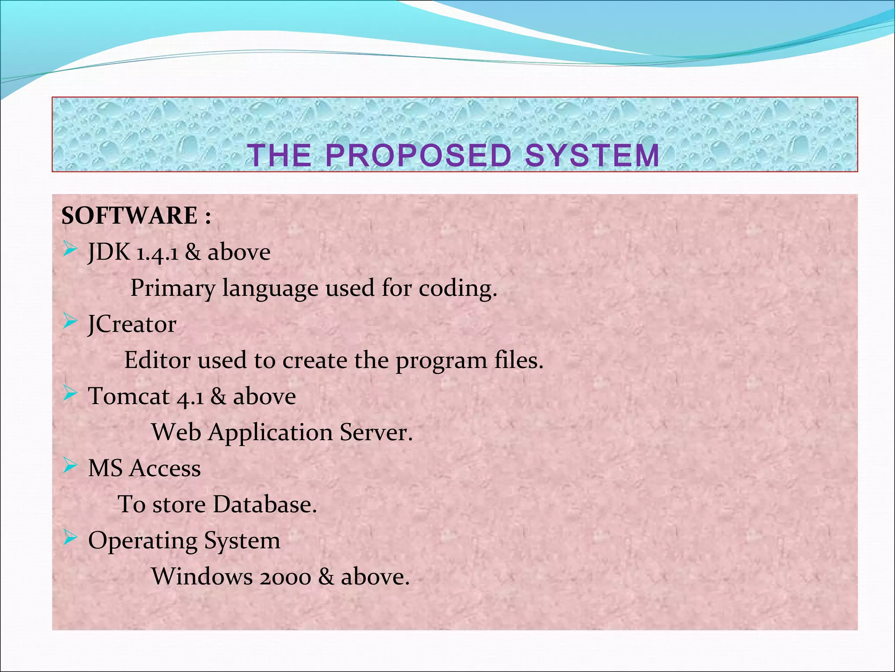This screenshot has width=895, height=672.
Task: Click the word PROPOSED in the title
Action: pos(418,156)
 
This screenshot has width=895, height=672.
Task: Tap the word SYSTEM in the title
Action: pos(592,156)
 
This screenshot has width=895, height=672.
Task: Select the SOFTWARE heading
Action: pos(130,216)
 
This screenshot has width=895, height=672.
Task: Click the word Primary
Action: pos(173,289)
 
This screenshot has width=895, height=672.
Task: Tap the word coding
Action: pos(458,289)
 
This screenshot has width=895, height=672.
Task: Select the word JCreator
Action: pos(132,325)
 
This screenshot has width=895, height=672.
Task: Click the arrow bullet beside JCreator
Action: pos(70,322)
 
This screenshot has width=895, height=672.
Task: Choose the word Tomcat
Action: pos(129,396)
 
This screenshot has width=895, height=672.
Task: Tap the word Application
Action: pos(271,433)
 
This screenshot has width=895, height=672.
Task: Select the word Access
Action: pos(166,469)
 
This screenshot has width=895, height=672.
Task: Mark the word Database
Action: pos(265,504)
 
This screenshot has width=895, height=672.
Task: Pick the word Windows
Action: pos(202,577)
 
